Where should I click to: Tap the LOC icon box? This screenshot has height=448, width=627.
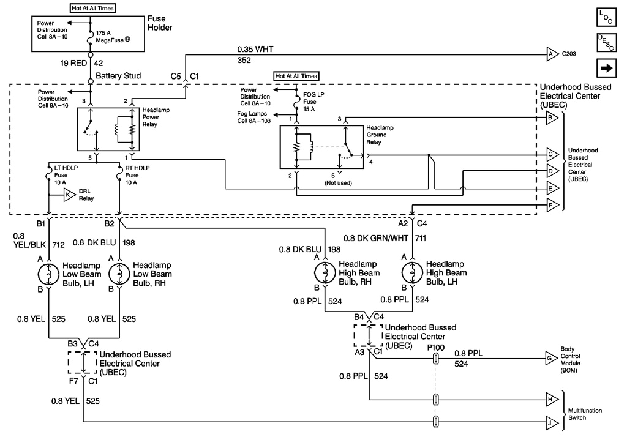pyautogui.click(x=605, y=17)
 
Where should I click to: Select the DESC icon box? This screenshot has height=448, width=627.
pyautogui.click(x=605, y=43)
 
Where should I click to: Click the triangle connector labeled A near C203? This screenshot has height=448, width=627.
pyautogui.click(x=551, y=54)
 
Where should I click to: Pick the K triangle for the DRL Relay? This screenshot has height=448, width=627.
pyautogui.click(x=69, y=195)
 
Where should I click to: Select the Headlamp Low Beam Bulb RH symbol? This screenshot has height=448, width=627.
pyautogui.click(x=119, y=272)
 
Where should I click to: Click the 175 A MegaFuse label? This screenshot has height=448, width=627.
pyautogui.click(x=113, y=37)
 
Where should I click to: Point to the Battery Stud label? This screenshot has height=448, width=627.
pyautogui.click(x=118, y=76)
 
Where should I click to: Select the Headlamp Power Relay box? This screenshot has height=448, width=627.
pyautogui.click(x=108, y=129)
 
